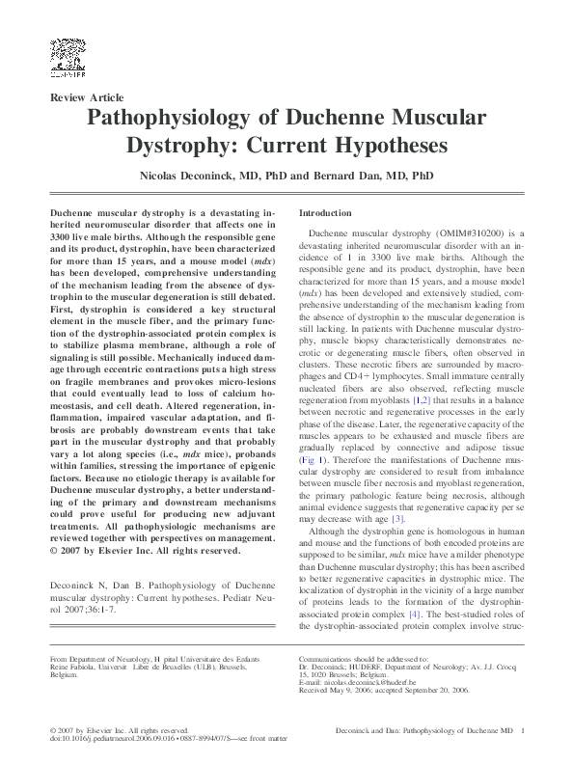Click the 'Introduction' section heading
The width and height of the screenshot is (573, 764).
pos(325,212)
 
